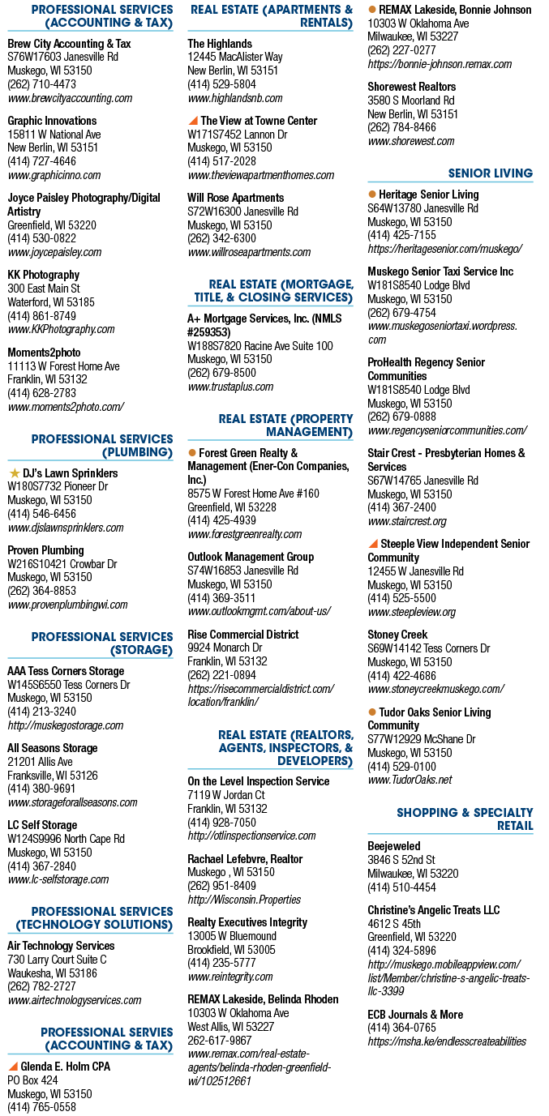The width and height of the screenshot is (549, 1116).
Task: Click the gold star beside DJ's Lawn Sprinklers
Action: (x=15, y=472)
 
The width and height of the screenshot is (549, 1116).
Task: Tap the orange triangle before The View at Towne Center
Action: (x=192, y=121)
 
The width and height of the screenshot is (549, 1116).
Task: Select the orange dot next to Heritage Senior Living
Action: (x=372, y=195)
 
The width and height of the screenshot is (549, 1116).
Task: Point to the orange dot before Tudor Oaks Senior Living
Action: (x=372, y=712)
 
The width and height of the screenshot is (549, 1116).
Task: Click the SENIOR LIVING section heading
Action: (x=490, y=173)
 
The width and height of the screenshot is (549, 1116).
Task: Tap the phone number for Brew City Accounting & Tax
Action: (x=41, y=84)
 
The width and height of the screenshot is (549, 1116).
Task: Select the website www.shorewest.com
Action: (x=411, y=141)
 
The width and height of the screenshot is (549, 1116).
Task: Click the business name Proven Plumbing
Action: (x=45, y=550)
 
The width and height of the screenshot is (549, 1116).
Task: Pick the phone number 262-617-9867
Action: (x=220, y=1041)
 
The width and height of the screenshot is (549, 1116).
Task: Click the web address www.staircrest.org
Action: (x=407, y=521)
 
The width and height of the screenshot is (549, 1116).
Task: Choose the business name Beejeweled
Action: (x=394, y=846)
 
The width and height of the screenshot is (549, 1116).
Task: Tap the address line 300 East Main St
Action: (x=43, y=289)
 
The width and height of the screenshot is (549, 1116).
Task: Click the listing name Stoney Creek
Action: (x=397, y=635)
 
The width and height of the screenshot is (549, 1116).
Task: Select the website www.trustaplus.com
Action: (x=230, y=387)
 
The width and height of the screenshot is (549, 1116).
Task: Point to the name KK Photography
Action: (x=43, y=275)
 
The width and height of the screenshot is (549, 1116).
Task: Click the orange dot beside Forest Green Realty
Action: (x=192, y=453)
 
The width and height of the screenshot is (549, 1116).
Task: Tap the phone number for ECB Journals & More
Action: (x=401, y=1028)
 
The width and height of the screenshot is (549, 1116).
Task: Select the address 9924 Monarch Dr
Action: (x=225, y=648)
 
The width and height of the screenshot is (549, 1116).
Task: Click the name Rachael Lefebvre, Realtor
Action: (x=245, y=859)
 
